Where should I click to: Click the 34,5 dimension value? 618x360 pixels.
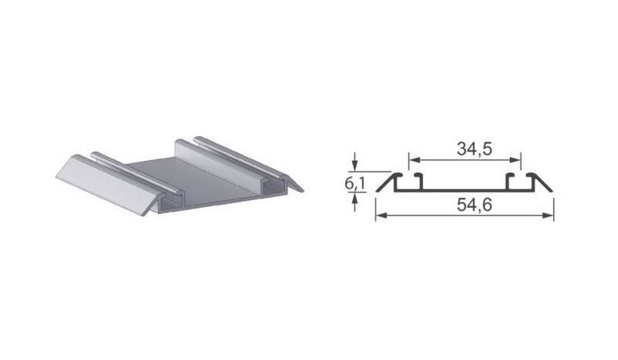tap(474, 148)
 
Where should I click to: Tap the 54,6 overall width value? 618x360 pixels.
tap(474, 205)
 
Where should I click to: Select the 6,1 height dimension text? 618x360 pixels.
tap(355, 183)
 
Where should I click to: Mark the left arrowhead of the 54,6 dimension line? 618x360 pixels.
tap(381, 216)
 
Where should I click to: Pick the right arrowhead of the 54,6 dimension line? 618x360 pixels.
tap(548, 216)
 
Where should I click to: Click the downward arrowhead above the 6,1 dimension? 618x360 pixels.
tap(355, 166)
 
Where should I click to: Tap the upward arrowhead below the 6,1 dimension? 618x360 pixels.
tap(355, 198)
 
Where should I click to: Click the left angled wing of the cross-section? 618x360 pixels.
tap(387, 182)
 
